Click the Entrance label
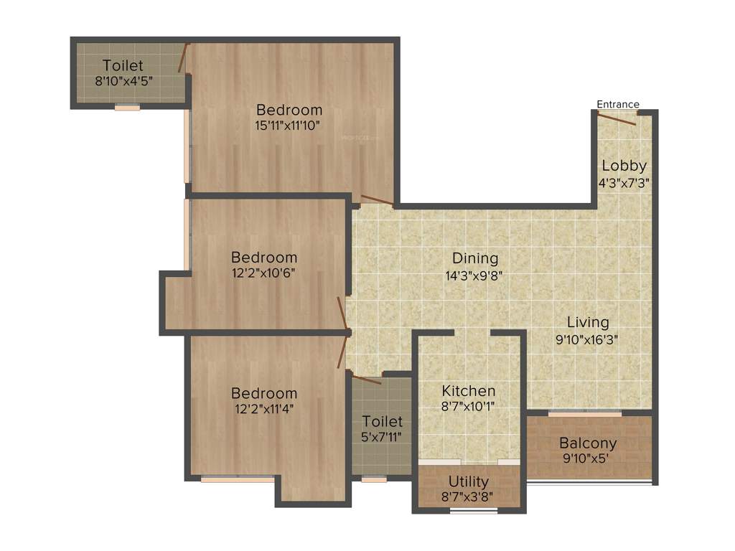(x=618, y=104)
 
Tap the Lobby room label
(x=624, y=166)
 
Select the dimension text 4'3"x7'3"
(x=624, y=182)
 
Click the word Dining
(x=474, y=258)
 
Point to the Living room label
(x=587, y=322)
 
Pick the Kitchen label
(x=468, y=391)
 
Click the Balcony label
(x=588, y=443)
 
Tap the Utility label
(x=468, y=481)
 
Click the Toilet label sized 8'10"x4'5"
(x=123, y=66)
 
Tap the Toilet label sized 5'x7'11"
(x=382, y=421)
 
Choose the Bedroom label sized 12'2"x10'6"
(x=263, y=257)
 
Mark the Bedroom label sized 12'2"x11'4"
(x=263, y=393)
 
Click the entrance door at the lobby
(x=617, y=118)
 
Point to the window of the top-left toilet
(x=127, y=108)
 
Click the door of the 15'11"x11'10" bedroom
(x=376, y=200)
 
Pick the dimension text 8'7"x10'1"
(x=468, y=406)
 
